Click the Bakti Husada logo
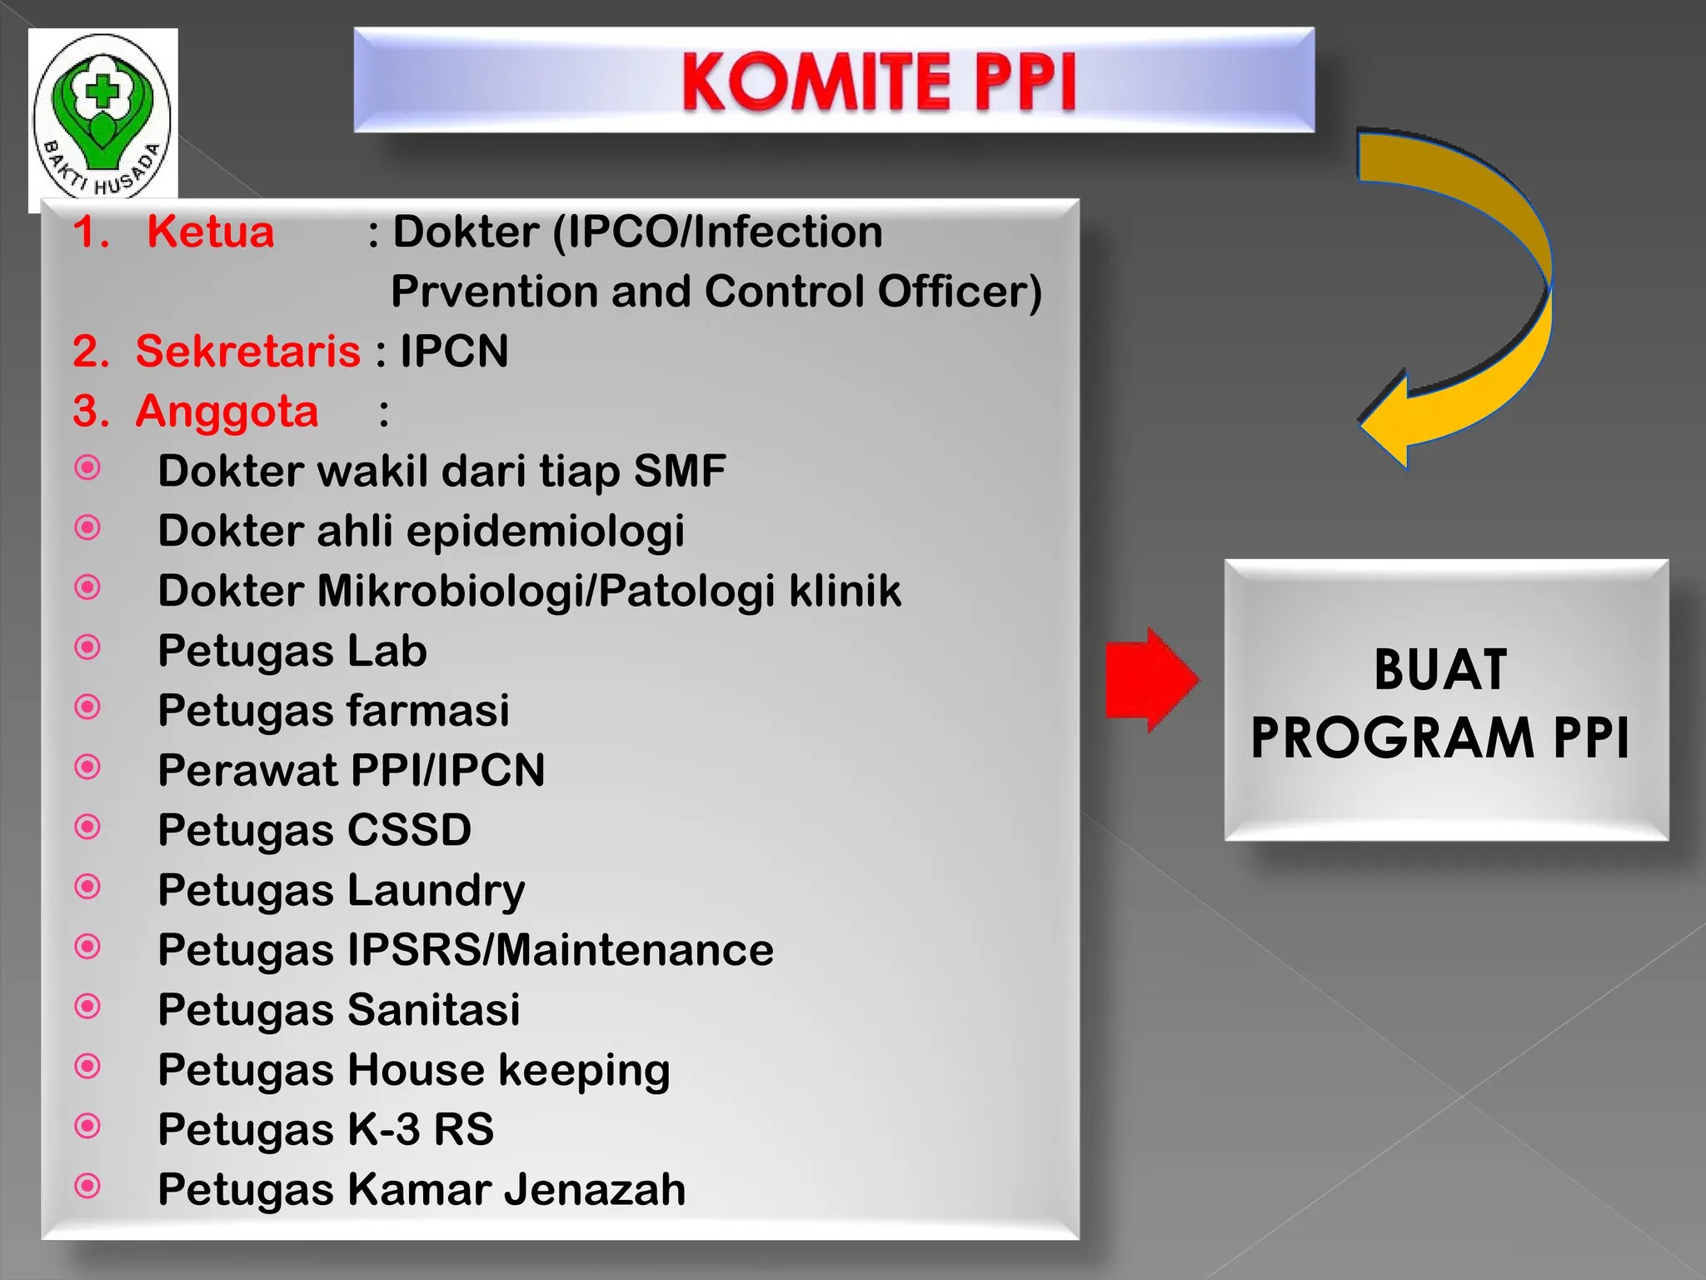tap(102, 117)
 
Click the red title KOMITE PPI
tap(879, 81)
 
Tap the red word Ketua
tap(210, 232)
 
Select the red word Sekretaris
tap(247, 351)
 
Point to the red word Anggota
tap(227, 411)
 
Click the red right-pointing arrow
tap(1150, 680)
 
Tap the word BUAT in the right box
tap(1440, 670)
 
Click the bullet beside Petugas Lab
tap(87, 647)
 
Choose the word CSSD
tap(409, 830)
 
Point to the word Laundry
tap(436, 891)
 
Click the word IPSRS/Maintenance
tap(560, 950)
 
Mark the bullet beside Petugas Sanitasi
tap(87, 1007)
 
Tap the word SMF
tap(679, 471)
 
